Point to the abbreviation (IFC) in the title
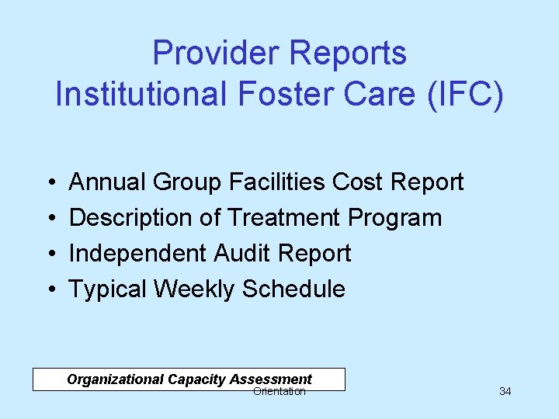point(464,94)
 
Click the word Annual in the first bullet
point(108,182)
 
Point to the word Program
point(395,218)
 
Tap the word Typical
point(108,289)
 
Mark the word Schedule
point(293,289)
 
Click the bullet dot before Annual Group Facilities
point(50,183)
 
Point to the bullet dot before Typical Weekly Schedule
point(50,290)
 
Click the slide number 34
point(505,391)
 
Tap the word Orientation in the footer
point(279,392)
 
